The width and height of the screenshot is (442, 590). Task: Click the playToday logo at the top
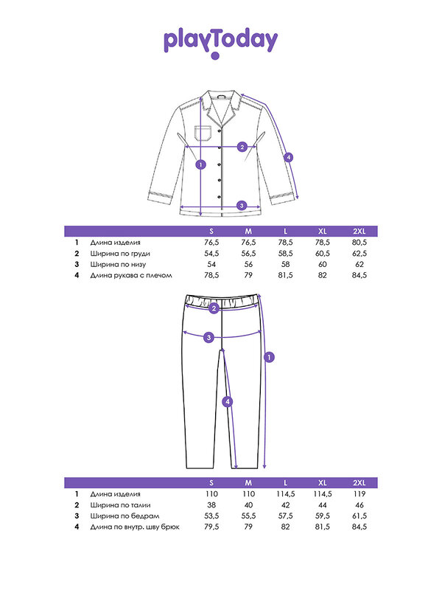220,41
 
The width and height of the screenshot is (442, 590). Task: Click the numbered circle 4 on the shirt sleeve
289,156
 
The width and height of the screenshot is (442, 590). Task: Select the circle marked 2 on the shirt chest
242,146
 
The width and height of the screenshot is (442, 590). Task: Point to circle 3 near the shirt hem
242,205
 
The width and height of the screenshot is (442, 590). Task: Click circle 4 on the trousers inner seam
228,402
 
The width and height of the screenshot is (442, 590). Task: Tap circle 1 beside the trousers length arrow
270,358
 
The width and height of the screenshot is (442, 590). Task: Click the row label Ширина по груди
120,253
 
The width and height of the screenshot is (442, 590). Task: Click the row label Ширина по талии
120,505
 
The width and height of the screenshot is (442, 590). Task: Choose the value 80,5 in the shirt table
359,242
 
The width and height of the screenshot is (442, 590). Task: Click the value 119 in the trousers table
359,494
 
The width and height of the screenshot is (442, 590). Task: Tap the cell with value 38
212,505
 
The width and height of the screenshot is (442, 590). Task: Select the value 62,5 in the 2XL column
359,253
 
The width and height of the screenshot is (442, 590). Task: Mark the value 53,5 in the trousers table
212,516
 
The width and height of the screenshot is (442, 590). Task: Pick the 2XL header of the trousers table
359,483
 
